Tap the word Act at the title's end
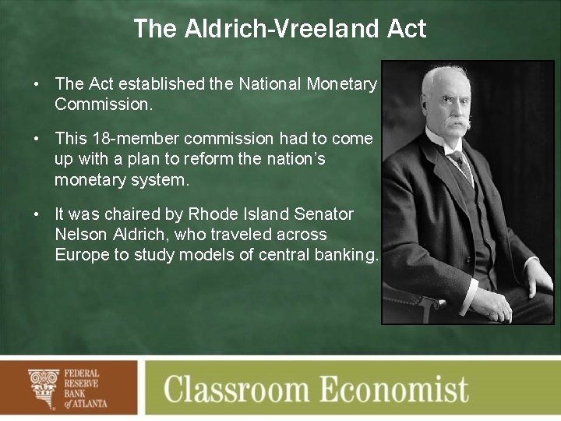coord(407,29)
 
